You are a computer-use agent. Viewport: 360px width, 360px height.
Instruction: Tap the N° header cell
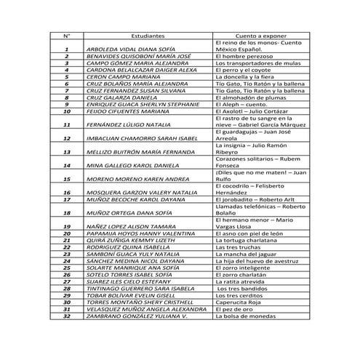point(66,35)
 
